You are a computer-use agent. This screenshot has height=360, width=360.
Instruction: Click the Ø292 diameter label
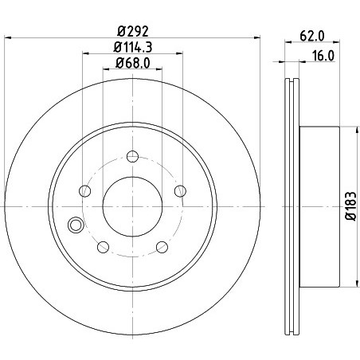133,32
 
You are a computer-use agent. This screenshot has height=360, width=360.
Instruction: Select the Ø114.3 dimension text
133,48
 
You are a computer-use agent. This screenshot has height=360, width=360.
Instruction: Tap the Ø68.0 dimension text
133,63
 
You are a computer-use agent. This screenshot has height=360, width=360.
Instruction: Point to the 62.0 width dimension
312,36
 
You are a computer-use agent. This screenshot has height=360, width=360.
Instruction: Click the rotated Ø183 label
350,206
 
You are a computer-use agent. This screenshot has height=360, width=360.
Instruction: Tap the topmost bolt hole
132,156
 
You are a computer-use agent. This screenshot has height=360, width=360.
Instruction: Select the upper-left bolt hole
85,191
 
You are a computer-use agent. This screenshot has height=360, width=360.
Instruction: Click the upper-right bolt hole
180,191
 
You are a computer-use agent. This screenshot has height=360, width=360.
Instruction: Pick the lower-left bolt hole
104,247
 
